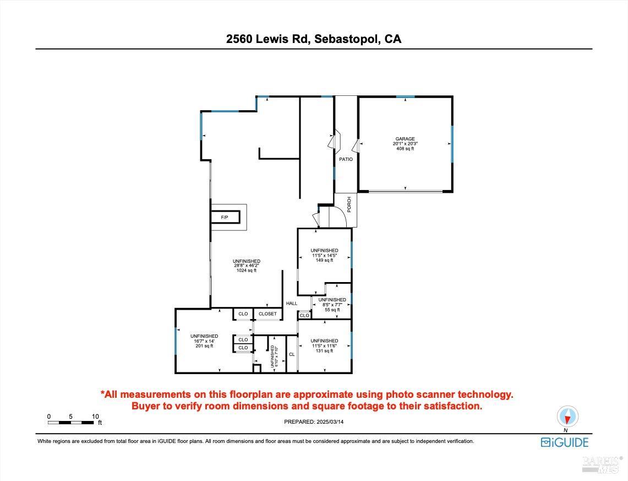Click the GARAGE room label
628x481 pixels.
coord(405,139)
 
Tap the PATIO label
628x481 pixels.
coord(346,159)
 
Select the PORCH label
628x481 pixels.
coord(349,204)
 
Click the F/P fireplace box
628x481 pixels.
coord(225,218)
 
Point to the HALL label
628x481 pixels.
coord(292,303)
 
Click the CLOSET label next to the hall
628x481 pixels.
coord(267,314)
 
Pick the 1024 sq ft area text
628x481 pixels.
coord(246,271)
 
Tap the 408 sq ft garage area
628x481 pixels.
coord(405,149)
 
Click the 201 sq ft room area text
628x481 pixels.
coord(204,346)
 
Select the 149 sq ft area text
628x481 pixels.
coord(324,260)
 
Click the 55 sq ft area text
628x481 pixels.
coord(332,310)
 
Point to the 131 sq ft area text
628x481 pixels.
coord(324,351)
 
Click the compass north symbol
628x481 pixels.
coord(567,417)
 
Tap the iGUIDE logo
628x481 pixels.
coord(564,442)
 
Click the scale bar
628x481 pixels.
coord(70,423)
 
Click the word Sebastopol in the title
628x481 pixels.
coord(345,39)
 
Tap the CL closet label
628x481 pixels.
coord(292,354)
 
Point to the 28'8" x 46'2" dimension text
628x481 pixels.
coord(246,266)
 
